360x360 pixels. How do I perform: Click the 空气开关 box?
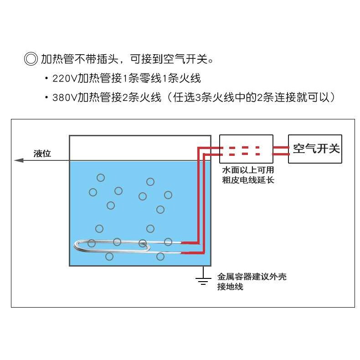pyautogui.click(x=315, y=149)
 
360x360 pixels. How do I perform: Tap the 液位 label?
pyautogui.click(x=42, y=154)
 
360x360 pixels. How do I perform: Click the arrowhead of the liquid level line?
pyautogui.click(x=19, y=160)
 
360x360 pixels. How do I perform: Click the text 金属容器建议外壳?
pyautogui.click(x=252, y=277)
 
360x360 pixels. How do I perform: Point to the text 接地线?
pyautogui.click(x=230, y=287)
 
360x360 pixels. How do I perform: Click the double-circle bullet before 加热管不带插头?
pyautogui.click(x=31, y=59)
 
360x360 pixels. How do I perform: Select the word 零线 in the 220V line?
pyautogui.click(x=153, y=78)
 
